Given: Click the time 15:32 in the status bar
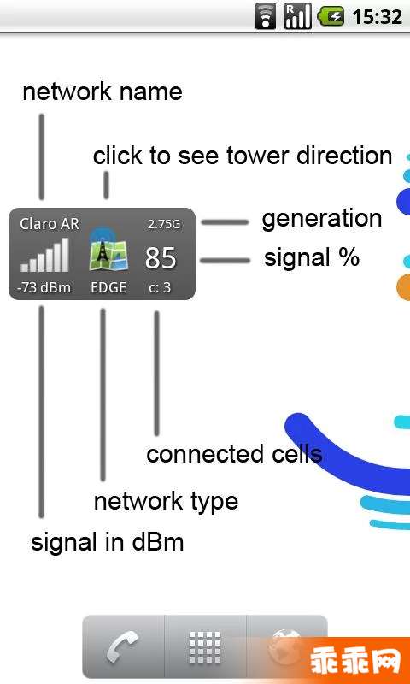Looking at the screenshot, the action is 377,16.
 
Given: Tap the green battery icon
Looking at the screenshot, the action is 331,16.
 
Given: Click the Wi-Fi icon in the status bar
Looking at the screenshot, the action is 266,16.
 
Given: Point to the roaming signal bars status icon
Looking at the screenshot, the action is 298,16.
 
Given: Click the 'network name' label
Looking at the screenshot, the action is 102,92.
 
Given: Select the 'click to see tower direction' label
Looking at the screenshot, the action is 243,156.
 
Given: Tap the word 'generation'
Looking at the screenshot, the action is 321,219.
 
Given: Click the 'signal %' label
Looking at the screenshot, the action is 312,258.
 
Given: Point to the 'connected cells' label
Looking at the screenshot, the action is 234,454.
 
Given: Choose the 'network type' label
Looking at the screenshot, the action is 166,502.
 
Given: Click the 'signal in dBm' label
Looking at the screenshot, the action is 107,543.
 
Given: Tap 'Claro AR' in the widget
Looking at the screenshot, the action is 50,224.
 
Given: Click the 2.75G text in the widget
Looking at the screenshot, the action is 164,225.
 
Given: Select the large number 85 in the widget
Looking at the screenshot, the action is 161,258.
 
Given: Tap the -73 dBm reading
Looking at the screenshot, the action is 44,288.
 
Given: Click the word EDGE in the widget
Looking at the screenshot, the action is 108,288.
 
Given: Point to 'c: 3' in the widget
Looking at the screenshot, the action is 160,288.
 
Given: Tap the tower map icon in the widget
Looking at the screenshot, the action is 109,252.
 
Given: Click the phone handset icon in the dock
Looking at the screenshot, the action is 122,647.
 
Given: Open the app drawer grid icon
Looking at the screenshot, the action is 205,647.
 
